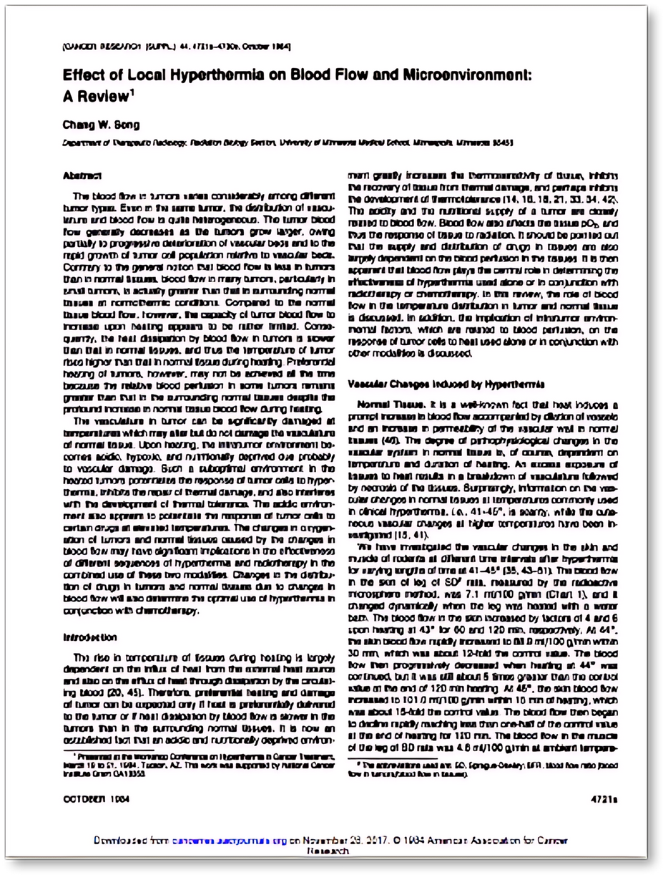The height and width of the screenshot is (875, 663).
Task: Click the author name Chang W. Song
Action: coord(93,125)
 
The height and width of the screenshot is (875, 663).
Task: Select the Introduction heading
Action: coord(90,637)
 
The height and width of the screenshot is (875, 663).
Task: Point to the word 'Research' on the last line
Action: coord(328,852)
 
